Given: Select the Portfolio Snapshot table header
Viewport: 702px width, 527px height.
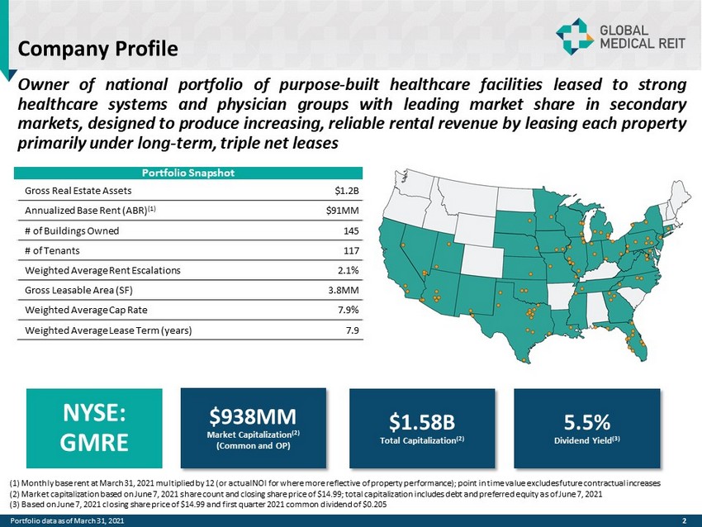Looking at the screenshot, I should click(187, 173).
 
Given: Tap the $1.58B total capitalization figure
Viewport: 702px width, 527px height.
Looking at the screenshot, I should click(422, 423).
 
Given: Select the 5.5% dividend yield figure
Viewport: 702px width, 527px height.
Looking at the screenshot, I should click(586, 423).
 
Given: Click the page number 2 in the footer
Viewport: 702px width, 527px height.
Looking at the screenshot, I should click(685, 519).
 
